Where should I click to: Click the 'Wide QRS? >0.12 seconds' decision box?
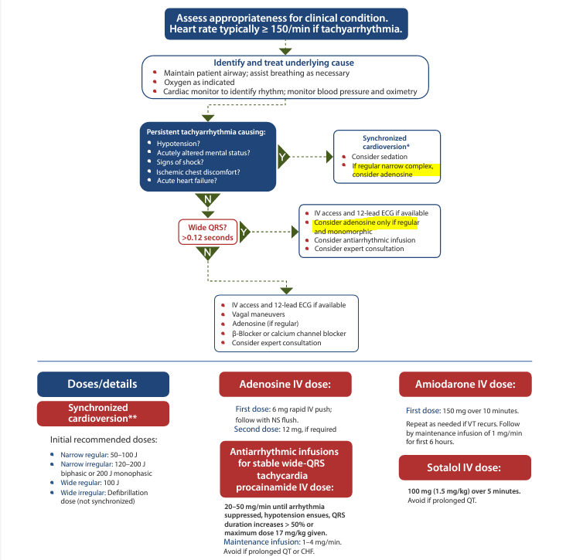(208, 232)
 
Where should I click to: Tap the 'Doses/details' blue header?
(104, 384)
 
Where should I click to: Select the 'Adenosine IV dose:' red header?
(285, 384)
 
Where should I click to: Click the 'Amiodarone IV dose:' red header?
(465, 384)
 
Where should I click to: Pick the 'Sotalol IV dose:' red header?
(465, 467)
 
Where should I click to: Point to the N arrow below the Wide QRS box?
(208, 253)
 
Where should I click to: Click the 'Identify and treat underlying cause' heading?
(284, 63)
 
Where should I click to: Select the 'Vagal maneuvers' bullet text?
(258, 314)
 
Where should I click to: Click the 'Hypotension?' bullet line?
(179, 144)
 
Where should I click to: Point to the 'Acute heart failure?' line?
(186, 181)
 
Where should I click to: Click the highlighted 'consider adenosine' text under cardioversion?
(382, 175)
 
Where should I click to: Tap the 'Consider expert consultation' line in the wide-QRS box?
(360, 249)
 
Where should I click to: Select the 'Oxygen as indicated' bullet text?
(199, 82)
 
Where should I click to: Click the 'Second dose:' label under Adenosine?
(257, 429)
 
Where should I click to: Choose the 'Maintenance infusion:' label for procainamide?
(262, 542)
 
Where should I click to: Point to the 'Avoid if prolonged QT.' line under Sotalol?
(442, 501)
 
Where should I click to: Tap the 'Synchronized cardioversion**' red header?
(104, 413)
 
